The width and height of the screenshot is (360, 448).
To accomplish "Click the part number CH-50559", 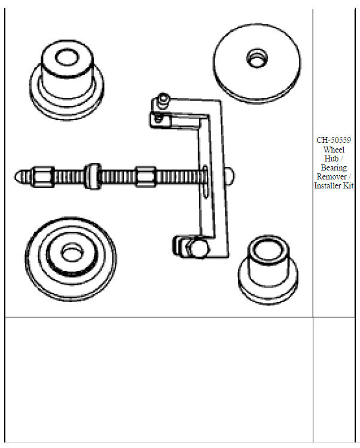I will (334, 141).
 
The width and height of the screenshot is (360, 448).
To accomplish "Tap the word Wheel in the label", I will (334, 150).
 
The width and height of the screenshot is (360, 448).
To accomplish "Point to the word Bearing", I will (334, 168).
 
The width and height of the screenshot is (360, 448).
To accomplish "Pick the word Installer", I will (328, 186).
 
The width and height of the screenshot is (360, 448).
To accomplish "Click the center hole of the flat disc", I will (255, 58).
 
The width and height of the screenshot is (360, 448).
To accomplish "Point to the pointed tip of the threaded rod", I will (19, 176).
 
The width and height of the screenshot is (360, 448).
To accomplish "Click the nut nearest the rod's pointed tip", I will (42, 176).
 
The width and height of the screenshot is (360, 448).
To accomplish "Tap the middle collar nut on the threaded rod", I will (93, 175).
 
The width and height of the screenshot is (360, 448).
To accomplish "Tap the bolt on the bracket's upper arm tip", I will (163, 99).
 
